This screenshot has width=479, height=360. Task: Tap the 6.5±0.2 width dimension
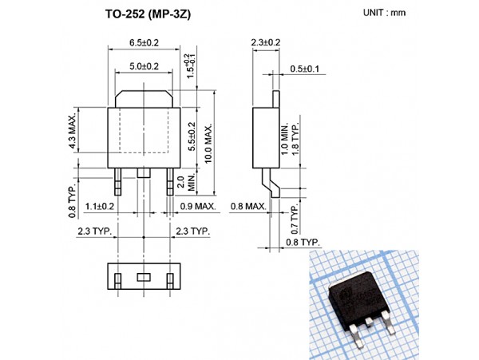point(143,42)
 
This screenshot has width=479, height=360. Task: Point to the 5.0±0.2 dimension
point(144,67)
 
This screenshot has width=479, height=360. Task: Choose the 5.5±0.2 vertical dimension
point(191,136)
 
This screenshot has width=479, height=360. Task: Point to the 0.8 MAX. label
point(248,207)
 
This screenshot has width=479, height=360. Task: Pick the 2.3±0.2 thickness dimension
point(265,42)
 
